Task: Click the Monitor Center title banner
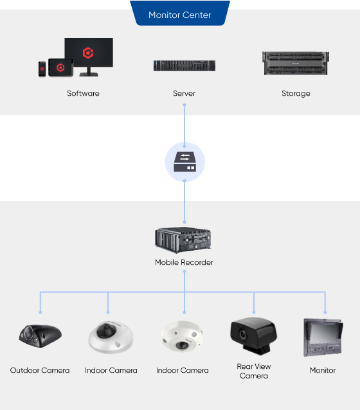point(180,13)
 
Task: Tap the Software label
point(83,93)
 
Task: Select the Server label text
point(184,93)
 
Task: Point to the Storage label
point(296,94)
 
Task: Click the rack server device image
point(184,66)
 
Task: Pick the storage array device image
point(296,63)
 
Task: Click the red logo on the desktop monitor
point(88,53)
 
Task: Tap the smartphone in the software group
point(42,69)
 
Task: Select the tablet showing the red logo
point(60,67)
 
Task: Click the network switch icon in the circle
point(184,161)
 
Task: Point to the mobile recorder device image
point(183,240)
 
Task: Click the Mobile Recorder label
point(184,262)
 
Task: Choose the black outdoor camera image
point(40,336)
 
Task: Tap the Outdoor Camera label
point(40,370)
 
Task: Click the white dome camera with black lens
point(111,337)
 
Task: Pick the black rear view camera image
point(253,336)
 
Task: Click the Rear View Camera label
point(254,371)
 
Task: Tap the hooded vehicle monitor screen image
point(323,337)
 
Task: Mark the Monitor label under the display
point(323,370)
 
